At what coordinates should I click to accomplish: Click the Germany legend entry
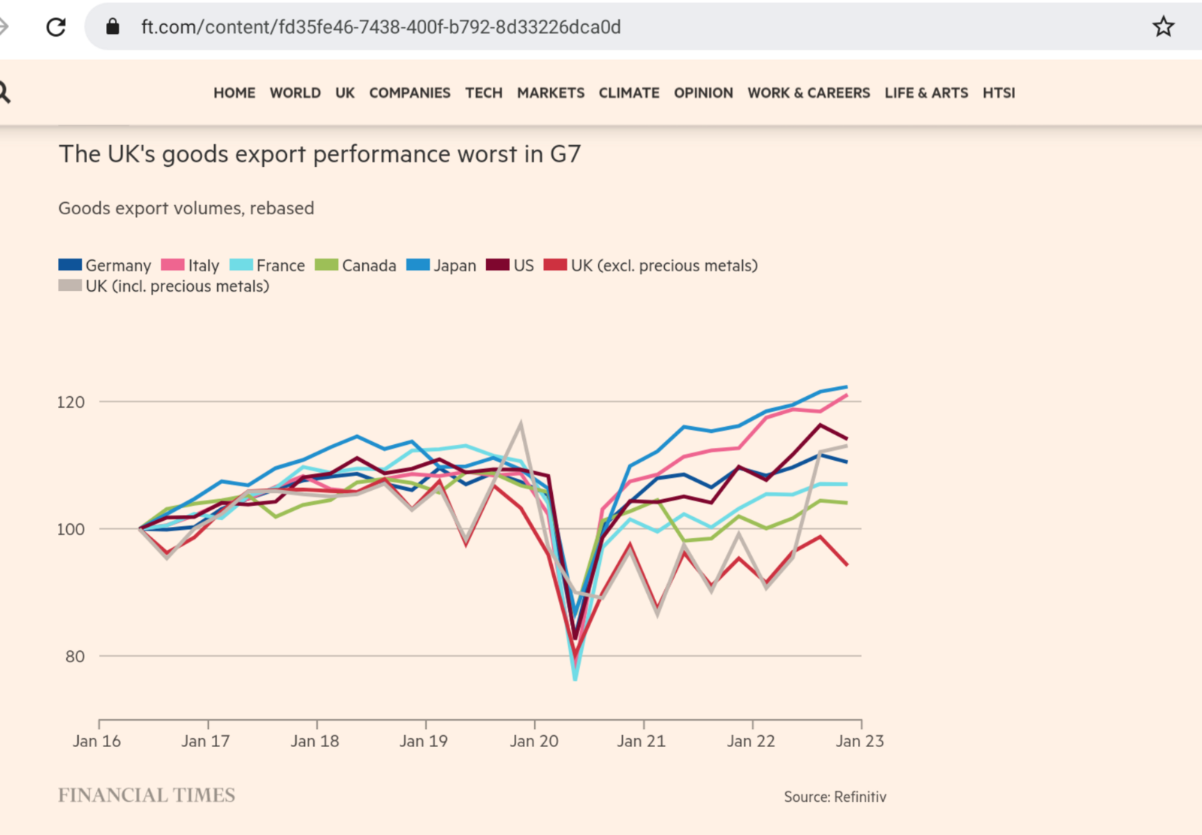pos(105,265)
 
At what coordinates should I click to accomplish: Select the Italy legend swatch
pos(173,265)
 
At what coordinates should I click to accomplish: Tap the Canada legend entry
pos(355,265)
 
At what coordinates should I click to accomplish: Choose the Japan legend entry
pos(442,265)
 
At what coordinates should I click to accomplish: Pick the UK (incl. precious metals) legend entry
pos(164,286)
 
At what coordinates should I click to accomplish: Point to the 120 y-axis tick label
pos(71,402)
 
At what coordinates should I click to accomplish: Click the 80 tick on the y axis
pos(74,657)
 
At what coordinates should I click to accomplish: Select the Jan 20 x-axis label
pos(534,741)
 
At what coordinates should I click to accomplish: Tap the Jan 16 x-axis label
pos(96,741)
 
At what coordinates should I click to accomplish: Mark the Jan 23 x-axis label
pos(860,741)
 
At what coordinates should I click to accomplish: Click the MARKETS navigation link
pos(551,93)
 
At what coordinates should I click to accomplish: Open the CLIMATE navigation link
pos(629,93)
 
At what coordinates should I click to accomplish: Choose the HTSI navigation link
pos(998,93)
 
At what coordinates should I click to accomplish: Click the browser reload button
pos(56,27)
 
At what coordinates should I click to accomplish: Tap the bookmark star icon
pos(1163,27)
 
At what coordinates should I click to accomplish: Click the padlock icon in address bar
pos(113,27)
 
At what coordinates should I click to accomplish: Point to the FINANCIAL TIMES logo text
pos(146,795)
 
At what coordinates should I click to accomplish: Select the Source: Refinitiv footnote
pos(835,797)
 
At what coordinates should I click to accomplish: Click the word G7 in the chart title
pos(565,154)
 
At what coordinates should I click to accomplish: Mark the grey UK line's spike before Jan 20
pos(521,424)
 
